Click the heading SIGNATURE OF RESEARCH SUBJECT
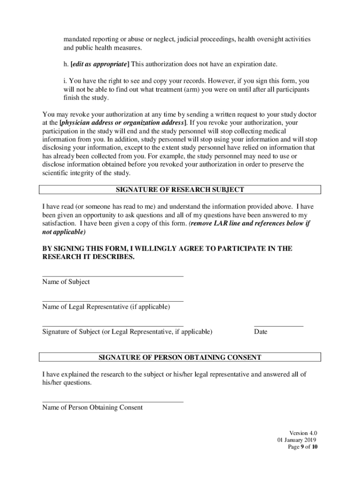(x=180, y=189)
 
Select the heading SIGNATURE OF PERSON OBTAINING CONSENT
(x=180, y=357)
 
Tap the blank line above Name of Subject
(x=113, y=276)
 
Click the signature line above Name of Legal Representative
(x=113, y=301)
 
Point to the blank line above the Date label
(x=279, y=326)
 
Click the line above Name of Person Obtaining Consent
(x=113, y=401)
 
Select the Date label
(x=261, y=332)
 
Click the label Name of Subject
(x=66, y=282)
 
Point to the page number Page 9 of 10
(x=302, y=447)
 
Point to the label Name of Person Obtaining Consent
(x=93, y=407)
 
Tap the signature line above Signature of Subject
(x=113, y=326)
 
